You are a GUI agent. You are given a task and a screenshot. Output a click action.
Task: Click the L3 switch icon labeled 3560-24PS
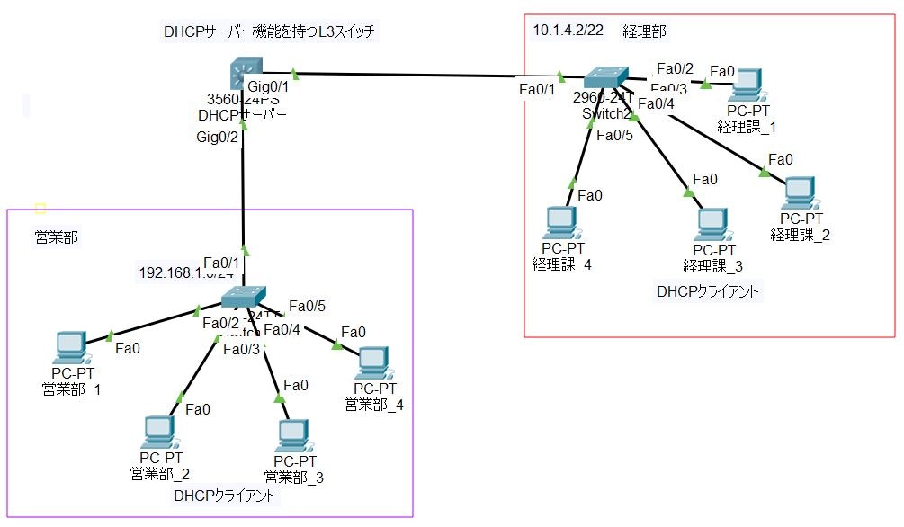click(x=244, y=72)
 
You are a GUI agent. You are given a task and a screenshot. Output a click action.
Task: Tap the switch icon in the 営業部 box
click(x=244, y=297)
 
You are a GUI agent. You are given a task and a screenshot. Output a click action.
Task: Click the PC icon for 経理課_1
click(x=746, y=85)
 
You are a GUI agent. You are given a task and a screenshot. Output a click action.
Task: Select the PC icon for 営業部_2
click(x=158, y=433)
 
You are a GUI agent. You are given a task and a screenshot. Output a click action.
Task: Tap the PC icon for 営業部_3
click(x=291, y=435)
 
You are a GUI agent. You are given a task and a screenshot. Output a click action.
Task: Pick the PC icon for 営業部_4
click(x=372, y=362)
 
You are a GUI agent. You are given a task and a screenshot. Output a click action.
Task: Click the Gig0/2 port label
click(x=218, y=138)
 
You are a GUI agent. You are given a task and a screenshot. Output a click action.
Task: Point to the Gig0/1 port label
click(x=267, y=86)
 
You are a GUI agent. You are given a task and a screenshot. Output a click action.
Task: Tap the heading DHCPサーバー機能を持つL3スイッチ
click(x=269, y=32)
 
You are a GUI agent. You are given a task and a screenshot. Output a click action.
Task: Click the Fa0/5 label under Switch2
click(x=616, y=136)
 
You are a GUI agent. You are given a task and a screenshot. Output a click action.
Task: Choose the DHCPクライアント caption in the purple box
click(x=224, y=496)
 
